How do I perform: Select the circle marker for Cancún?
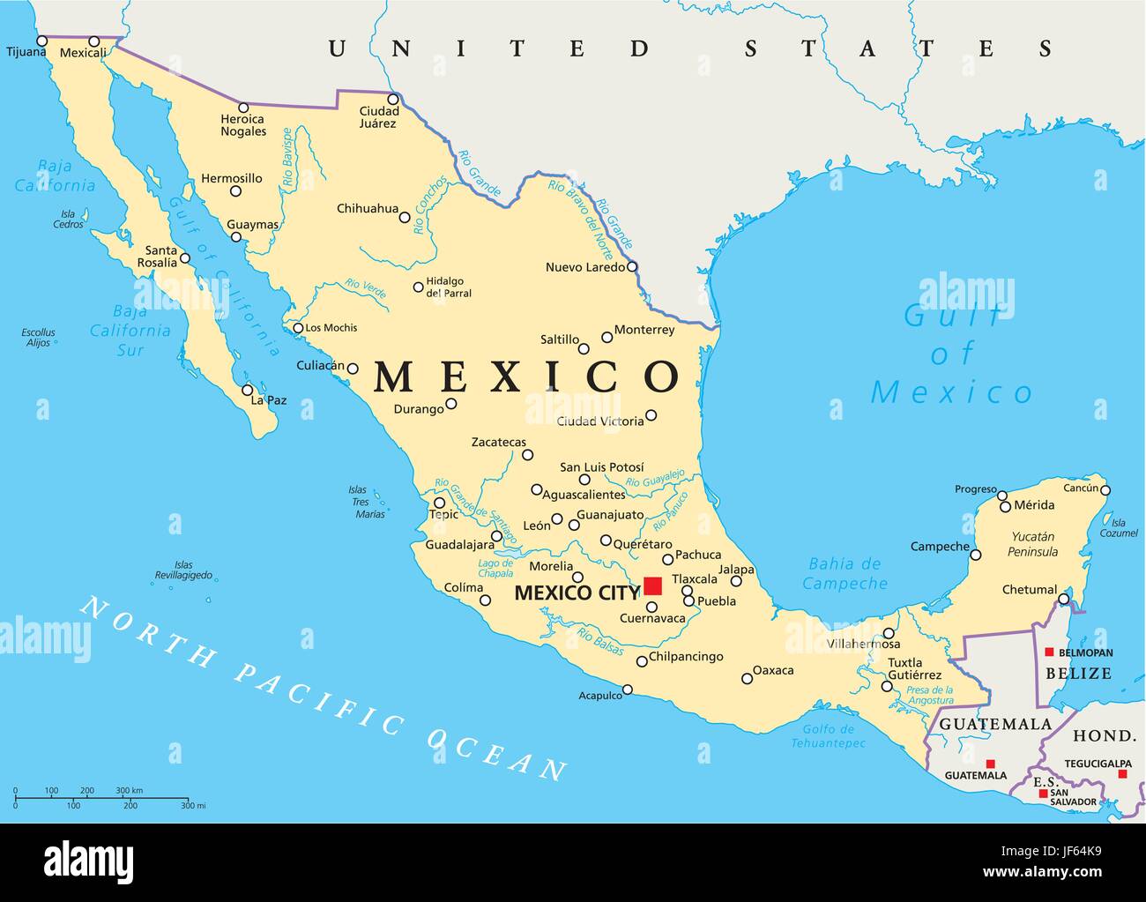[1105, 490]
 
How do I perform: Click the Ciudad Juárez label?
[379, 117]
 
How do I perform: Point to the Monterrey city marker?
[606, 337]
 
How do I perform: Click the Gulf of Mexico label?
[951, 354]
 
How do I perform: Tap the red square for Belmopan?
[1049, 652]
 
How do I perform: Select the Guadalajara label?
[459, 546]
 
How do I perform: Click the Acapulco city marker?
[628, 690]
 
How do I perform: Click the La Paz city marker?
[248, 390]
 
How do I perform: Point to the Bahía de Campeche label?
[845, 573]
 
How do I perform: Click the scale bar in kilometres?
[104, 796]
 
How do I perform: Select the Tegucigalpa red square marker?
[1122, 774]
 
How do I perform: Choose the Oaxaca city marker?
[747, 678]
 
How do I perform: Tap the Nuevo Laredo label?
[585, 267]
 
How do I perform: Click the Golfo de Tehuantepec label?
[829, 736]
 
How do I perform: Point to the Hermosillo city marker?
[235, 191]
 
